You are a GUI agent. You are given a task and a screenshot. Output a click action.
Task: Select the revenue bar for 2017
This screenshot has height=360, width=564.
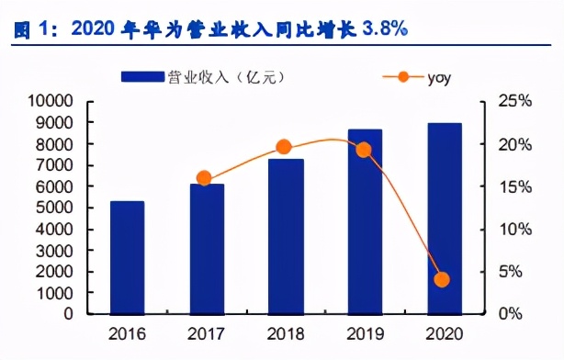tap(207, 248)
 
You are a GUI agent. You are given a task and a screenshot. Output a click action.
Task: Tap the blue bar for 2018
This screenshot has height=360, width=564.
tap(284, 236)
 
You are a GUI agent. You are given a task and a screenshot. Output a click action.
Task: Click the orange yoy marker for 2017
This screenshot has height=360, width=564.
tap(204, 178)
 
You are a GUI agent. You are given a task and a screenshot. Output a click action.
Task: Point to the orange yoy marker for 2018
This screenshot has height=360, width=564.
tap(284, 147)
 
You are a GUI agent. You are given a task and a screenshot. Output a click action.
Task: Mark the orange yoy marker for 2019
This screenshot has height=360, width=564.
tap(364, 150)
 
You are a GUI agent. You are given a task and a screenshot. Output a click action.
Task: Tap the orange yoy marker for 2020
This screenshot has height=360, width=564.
tap(442, 279)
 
